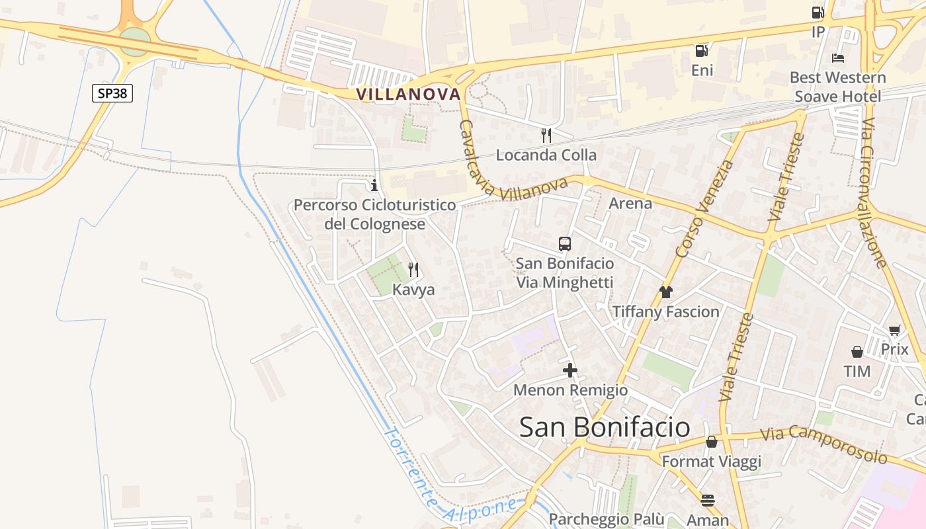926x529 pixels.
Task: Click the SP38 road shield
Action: pos(112,93)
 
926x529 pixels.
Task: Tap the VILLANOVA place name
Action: pos(408,95)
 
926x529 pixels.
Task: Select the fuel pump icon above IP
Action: pos(818,13)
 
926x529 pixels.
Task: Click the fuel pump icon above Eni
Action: pos(701,50)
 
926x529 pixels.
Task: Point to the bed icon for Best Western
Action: pos(838,58)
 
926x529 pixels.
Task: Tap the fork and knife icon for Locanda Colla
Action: pos(546,136)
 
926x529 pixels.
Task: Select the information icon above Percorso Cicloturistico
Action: pos(374,184)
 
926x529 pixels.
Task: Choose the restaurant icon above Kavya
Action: pos(413,269)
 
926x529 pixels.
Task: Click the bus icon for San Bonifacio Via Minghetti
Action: pos(565,244)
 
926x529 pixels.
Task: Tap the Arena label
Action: pos(630,203)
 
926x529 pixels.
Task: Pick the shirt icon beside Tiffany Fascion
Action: pos(665,292)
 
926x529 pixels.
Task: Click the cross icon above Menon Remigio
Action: pos(570,370)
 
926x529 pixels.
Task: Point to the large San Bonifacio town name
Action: pos(605,427)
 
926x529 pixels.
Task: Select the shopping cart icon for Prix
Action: pos(895,330)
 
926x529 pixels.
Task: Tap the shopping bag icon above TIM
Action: pos(857,351)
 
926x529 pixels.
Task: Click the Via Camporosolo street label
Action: pos(823,444)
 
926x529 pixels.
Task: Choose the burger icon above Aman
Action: pos(708,500)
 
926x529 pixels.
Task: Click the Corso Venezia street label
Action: pos(704,209)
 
